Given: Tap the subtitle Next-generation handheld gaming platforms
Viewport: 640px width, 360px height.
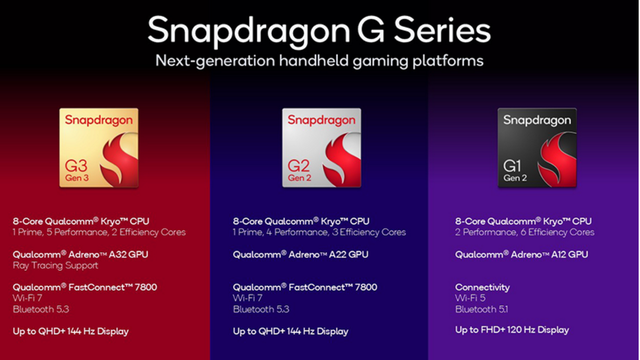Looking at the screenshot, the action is pos(319,61).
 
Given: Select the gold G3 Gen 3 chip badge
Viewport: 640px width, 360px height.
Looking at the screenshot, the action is pos(99,148).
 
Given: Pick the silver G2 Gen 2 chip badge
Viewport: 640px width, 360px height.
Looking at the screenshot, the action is pos(321,148).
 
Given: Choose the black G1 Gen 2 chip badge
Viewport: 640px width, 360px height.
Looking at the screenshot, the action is pos(537,148).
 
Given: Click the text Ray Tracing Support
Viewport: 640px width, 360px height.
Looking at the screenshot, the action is pos(55,266).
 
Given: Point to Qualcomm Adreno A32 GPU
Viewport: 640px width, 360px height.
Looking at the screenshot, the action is pos(80,255).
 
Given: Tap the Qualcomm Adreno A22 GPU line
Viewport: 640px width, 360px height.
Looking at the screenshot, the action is pos(300,255).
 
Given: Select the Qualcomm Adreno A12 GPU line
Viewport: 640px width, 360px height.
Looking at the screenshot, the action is pos(522,255).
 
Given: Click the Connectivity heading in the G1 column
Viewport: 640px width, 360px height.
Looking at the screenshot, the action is pos(482,287).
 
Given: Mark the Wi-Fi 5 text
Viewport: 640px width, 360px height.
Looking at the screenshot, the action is pos(470,298).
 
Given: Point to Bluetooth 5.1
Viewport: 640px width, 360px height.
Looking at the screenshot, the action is pos(482,309).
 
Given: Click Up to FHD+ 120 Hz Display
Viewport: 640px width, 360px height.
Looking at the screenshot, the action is pos(512,330).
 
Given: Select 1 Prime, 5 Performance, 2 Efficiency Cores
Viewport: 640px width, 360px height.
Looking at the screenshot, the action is pos(99,232).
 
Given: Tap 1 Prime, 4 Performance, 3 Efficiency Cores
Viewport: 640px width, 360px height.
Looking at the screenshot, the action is pos(319,232).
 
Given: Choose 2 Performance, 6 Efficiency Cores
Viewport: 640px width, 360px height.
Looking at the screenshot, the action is pos(525,232).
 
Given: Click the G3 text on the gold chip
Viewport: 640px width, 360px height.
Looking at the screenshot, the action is pos(76,166).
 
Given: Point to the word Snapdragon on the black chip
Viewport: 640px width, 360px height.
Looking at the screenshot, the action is pos(537,120).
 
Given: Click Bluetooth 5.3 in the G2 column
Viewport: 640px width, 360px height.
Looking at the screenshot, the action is pos(261,309).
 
